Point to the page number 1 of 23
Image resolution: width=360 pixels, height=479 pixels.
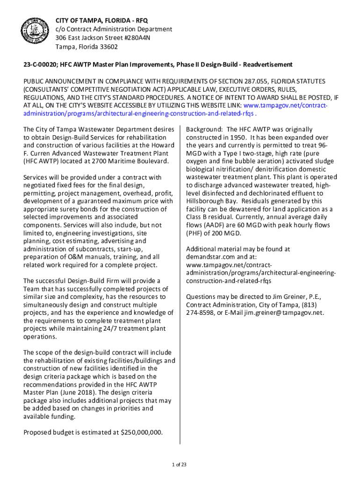pyautogui.click(x=180, y=464)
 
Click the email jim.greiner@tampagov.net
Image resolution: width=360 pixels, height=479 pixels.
pyautogui.click(x=284, y=313)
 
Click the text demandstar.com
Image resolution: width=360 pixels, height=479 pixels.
pyautogui.click(x=209, y=257)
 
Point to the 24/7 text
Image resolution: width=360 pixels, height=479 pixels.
pyautogui.click(x=103, y=329)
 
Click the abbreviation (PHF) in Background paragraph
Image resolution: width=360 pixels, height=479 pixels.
pyautogui.click(x=195, y=233)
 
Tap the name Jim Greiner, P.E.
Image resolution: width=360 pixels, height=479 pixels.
pyautogui.click(x=296, y=297)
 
